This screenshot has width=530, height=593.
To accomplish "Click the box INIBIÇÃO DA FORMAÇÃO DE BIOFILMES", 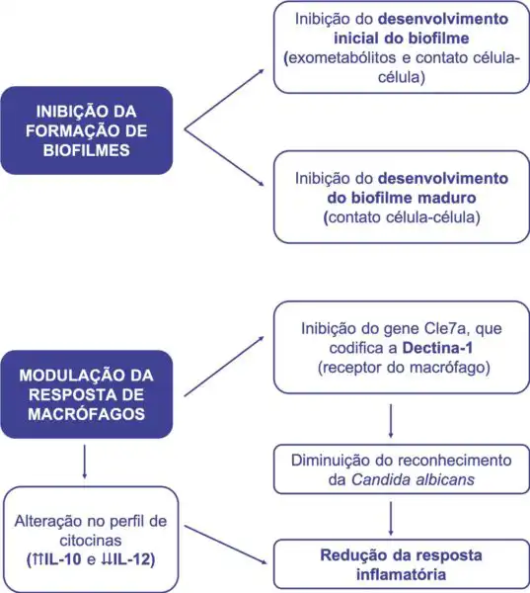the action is coord(87,130).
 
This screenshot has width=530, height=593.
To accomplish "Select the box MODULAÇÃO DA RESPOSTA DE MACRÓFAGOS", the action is coord(87,394).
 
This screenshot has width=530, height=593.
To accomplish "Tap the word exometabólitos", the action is coord(342,58).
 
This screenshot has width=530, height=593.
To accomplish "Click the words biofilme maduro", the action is coord(402,198).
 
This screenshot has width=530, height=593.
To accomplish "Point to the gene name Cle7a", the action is coord(447,328).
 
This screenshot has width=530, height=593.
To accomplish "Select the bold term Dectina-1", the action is coord(437,348).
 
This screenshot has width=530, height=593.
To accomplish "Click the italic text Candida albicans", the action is coord(413,479).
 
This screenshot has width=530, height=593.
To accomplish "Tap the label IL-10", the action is coord(63,559).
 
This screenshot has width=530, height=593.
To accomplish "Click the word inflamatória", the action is coord(401,574).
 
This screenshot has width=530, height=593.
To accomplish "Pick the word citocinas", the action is coord(91,540).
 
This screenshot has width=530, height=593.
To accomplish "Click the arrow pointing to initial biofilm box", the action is coord(224,100).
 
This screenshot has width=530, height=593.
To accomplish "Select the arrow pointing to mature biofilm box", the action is coord(224,158).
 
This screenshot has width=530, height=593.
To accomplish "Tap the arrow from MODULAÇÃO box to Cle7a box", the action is coord(224,366).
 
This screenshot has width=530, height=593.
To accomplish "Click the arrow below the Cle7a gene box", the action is coord(391,421).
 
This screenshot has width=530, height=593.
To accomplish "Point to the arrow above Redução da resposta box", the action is coord(391,519).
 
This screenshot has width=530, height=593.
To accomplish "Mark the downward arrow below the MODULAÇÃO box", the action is coord(84,462).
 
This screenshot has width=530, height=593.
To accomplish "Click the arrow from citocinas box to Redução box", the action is coord(226,545).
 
